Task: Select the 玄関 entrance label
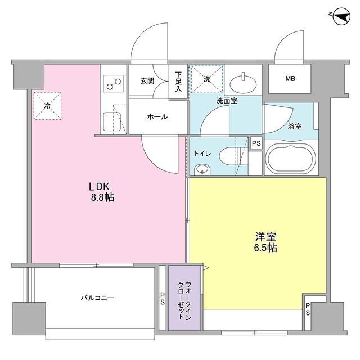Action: pos(147,80)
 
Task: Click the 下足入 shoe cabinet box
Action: pos(178,82)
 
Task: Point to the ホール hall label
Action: pos(156,116)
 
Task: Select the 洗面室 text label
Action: pos(226,101)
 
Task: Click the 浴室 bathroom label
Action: pos(295,127)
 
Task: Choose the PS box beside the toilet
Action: pos(256,143)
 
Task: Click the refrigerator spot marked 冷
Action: pos(47,105)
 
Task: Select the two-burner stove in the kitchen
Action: pos(112,85)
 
